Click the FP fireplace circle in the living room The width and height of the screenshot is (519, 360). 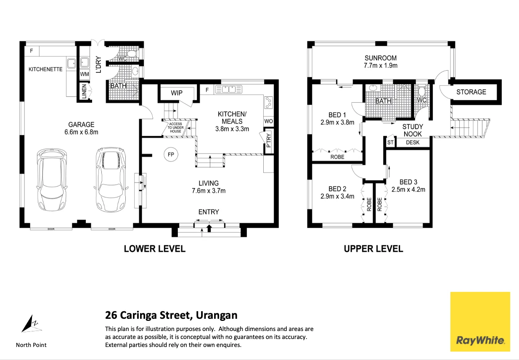tap(171, 154)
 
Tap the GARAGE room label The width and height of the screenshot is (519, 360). tap(81, 124)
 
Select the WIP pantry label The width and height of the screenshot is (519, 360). tap(177, 93)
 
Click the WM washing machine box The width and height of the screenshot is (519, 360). tap(85, 74)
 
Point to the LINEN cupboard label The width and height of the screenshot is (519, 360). tap(84, 91)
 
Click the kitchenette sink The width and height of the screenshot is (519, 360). tap(71, 63)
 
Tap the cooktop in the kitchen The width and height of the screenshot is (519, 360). tap(268, 103)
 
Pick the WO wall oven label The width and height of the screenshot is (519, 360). tap(268, 121)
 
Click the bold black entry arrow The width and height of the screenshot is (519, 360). tap(209, 228)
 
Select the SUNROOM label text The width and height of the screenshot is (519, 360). tap(381, 58)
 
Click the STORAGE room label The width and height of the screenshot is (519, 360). tap(471, 92)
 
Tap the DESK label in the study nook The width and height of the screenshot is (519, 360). tap(413, 143)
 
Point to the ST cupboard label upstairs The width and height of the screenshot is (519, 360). tap(390, 143)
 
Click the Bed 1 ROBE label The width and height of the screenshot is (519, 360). tap(337, 157)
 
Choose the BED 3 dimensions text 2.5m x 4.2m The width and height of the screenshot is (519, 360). tap(408, 190)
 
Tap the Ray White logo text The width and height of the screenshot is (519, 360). tap(480, 340)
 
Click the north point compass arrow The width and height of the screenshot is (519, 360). tap(30, 324)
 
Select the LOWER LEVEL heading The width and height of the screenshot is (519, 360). tap(154, 249)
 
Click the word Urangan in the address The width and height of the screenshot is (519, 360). tap(217, 315)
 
